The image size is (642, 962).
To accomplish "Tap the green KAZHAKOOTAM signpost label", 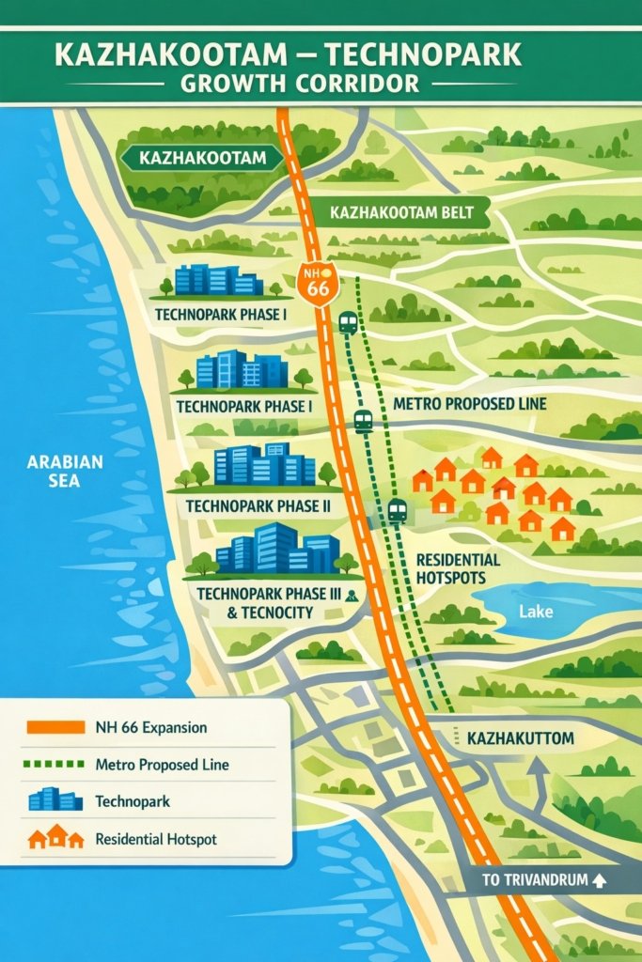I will tap(202, 158).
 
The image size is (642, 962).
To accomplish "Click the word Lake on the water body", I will tap(536, 611).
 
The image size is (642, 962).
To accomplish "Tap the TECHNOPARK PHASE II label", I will tap(258, 505).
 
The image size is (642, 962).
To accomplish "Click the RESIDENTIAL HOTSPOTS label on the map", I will tap(458, 568).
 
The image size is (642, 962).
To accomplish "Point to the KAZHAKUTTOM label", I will tap(520, 738).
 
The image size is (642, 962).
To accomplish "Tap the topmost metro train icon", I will tap(348, 323).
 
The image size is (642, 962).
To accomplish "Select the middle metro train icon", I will tap(364, 421).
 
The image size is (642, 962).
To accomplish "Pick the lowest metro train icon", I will tap(398, 510).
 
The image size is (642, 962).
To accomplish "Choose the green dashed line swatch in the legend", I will tap(55, 765).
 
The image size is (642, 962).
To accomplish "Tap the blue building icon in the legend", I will tap(55, 801).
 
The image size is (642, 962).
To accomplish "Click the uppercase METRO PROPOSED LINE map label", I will tap(469, 404).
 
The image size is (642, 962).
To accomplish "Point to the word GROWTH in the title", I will tap(225, 83).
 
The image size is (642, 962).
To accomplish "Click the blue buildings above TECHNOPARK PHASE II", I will tap(264, 465).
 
